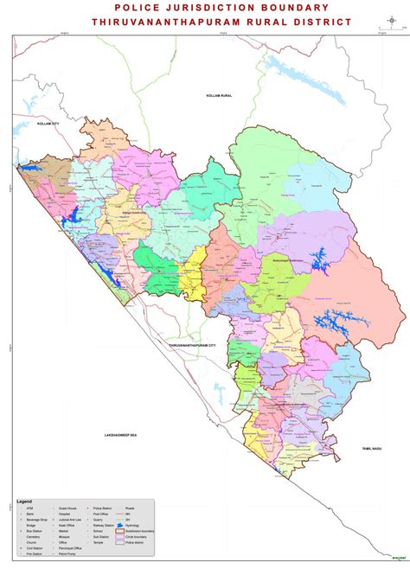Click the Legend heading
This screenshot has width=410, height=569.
(x=25, y=502)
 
